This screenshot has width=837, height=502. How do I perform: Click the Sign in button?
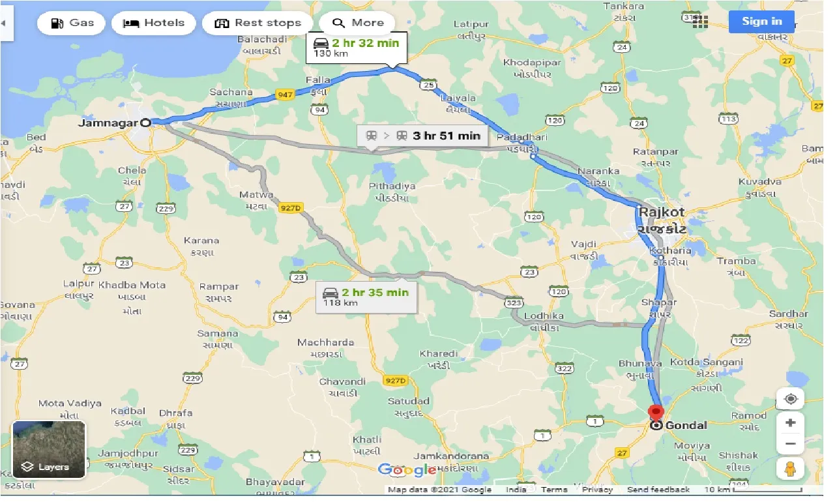(x=761, y=21)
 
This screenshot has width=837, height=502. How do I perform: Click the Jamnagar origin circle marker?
(x=146, y=122)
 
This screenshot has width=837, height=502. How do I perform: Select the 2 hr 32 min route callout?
(x=357, y=47)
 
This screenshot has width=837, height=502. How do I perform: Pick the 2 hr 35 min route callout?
(x=366, y=297)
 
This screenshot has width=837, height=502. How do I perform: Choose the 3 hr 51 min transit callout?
(x=422, y=136)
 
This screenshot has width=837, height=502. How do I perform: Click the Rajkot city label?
(x=662, y=212)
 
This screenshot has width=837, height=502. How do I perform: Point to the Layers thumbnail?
(x=49, y=449)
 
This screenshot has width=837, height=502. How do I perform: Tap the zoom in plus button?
(x=791, y=422)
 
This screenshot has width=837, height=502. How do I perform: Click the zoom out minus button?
(x=791, y=444)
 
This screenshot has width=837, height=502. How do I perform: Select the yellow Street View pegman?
(x=791, y=468)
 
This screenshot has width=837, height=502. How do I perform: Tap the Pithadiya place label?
(x=392, y=186)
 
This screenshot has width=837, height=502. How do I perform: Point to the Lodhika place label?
(x=544, y=316)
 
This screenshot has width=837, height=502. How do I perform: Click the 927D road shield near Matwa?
(x=291, y=208)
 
